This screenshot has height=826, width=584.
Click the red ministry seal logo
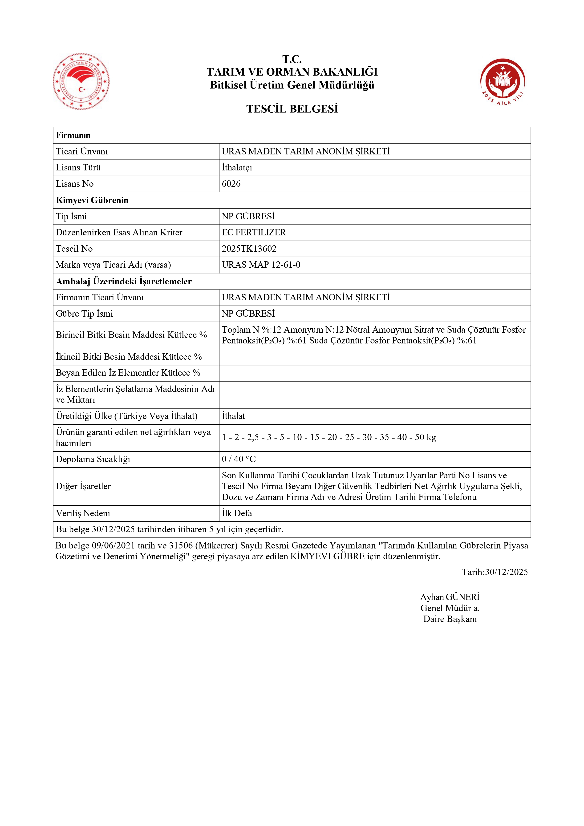[x=81, y=81]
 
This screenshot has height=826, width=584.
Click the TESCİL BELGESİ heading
[x=292, y=109]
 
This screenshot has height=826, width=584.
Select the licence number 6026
[x=231, y=184]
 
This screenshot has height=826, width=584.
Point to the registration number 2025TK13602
[x=249, y=249]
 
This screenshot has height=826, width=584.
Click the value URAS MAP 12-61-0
[x=261, y=265]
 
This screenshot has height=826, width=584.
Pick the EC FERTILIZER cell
[x=254, y=232]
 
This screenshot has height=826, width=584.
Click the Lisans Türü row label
[x=78, y=168]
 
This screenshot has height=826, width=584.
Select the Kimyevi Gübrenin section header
[x=92, y=200]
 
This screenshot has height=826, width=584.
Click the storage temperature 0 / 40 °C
[x=239, y=459]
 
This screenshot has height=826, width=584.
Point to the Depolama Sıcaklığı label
[x=93, y=459]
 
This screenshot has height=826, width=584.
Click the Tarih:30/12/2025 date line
[x=495, y=572]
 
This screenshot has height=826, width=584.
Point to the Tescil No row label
[x=74, y=249]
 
